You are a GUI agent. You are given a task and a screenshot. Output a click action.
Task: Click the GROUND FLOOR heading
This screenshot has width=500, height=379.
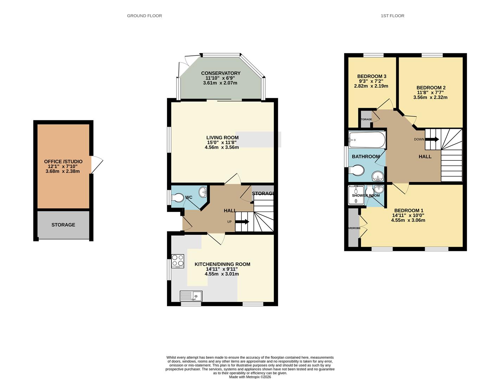(144, 16)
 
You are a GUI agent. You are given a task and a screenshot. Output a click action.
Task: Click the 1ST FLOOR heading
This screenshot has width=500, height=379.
(392, 16)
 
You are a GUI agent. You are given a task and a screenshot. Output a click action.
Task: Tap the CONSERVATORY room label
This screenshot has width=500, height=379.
(220, 73)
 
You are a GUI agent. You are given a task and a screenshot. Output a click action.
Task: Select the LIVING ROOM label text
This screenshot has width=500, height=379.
(222, 138)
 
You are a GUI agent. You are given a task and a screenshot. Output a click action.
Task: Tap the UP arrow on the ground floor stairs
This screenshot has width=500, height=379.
(242, 222)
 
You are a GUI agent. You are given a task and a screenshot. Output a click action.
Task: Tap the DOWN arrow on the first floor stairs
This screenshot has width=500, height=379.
(432, 139)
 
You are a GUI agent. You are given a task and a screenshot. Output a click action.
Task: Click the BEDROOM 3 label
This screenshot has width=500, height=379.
(372, 77)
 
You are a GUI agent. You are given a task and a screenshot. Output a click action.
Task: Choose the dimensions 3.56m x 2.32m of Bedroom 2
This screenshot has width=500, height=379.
(430, 98)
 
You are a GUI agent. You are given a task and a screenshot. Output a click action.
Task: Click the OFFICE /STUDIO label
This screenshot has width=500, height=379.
(63, 162)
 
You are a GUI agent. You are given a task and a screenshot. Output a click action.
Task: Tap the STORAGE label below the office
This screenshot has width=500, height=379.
(63, 225)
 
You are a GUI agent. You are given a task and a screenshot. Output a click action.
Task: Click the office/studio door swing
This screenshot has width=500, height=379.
(97, 165)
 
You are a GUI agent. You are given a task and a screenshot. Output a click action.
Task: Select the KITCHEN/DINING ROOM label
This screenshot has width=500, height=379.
(222, 264)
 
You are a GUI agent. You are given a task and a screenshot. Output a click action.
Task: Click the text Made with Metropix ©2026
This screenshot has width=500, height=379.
(250, 377)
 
